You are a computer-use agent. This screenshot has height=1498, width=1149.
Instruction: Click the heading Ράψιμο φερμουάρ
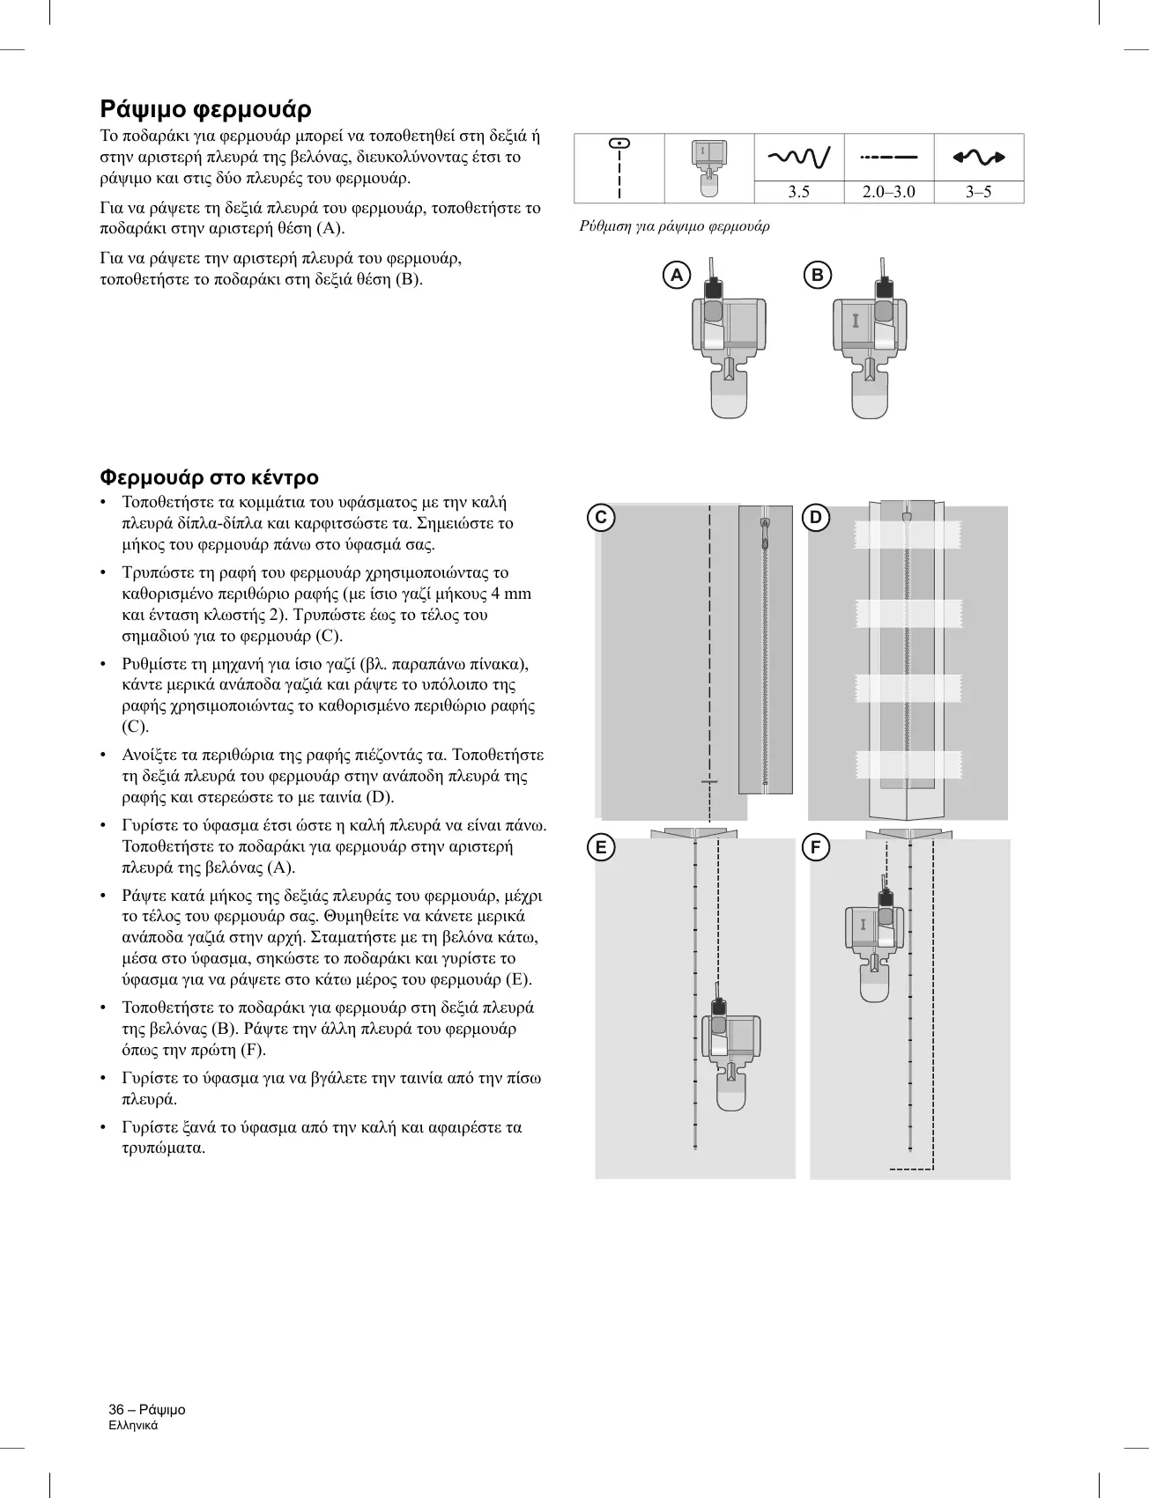(x=205, y=109)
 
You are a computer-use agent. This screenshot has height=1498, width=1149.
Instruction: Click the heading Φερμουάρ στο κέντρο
(x=209, y=477)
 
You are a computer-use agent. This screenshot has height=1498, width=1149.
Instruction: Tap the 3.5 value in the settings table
(x=798, y=192)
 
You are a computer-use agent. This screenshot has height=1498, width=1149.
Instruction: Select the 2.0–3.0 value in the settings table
(x=888, y=192)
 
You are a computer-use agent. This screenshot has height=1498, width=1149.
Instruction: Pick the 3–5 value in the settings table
(x=978, y=192)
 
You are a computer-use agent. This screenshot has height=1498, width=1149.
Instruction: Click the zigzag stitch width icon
(x=798, y=158)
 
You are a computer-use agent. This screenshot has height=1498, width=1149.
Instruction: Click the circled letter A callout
(x=677, y=276)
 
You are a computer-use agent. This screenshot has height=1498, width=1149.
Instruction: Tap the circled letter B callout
(x=818, y=276)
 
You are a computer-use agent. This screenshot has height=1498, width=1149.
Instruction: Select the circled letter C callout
(x=601, y=517)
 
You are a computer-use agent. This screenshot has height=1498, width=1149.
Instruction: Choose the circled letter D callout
(x=816, y=517)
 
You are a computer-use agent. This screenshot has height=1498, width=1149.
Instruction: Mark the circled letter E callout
(x=601, y=848)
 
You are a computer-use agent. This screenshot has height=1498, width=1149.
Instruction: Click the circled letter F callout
(x=816, y=848)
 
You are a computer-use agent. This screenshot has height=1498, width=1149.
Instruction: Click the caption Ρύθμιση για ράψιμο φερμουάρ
(x=674, y=226)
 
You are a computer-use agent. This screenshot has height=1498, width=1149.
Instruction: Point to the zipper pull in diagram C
(x=765, y=527)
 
